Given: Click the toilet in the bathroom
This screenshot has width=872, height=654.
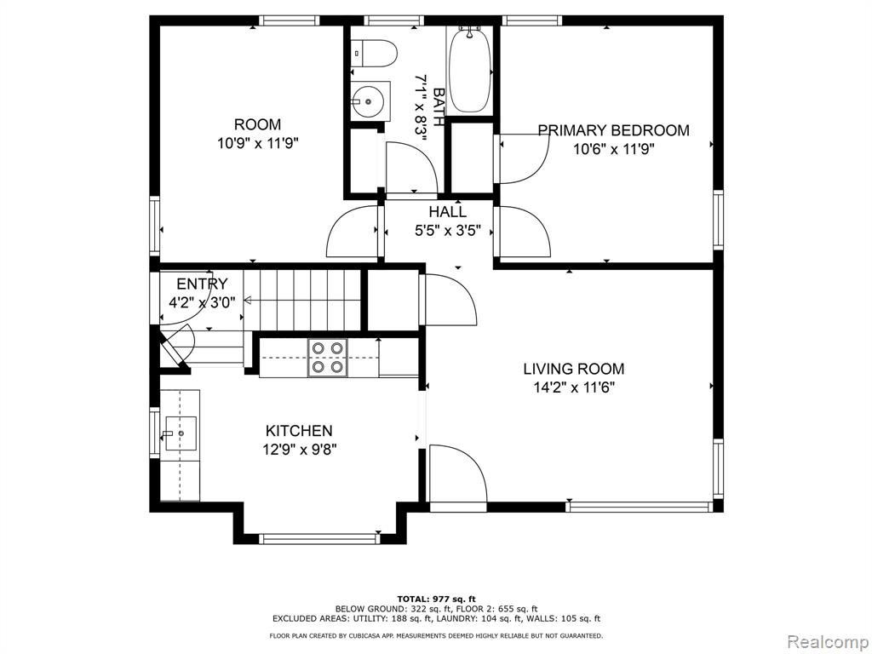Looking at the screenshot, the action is pyautogui.click(x=374, y=54).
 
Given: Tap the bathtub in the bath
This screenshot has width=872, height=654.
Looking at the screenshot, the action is pyautogui.click(x=469, y=71).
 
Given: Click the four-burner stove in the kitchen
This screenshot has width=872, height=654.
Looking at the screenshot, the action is pyautogui.click(x=327, y=358).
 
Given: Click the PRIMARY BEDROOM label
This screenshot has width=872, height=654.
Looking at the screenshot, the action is pyautogui.click(x=613, y=130).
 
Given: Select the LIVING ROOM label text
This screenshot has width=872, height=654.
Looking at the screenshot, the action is pyautogui.click(x=573, y=369).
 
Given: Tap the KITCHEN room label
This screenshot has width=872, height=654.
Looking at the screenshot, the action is pyautogui.click(x=299, y=430).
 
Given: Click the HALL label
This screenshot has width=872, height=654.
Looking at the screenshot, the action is pyautogui.click(x=447, y=212).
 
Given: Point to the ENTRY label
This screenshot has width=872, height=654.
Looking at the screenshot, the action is pyautogui.click(x=202, y=284).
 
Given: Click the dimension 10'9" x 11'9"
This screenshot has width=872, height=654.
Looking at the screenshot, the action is pyautogui.click(x=258, y=143).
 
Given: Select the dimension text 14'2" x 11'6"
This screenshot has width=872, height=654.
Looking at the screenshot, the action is pyautogui.click(x=574, y=387).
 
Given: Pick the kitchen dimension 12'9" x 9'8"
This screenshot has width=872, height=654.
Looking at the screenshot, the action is pyautogui.click(x=299, y=450).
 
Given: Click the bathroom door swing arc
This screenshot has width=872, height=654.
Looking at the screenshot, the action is pyautogui.click(x=411, y=167).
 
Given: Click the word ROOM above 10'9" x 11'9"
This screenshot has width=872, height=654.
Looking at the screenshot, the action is pyautogui.click(x=257, y=124).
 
